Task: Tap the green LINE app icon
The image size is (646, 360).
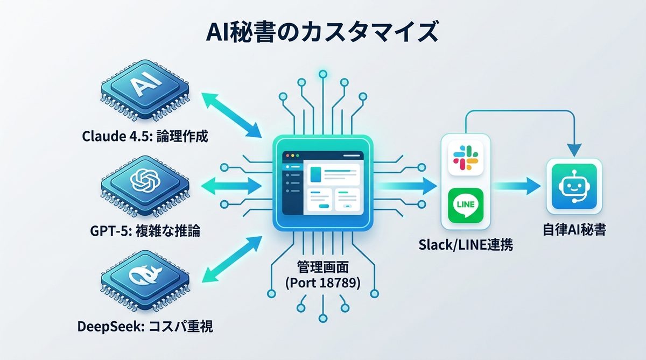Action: (x=465, y=205)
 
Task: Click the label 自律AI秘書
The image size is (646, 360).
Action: (x=574, y=231)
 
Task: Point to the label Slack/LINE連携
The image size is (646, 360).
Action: (x=466, y=245)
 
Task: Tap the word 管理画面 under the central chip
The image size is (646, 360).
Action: (x=322, y=266)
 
